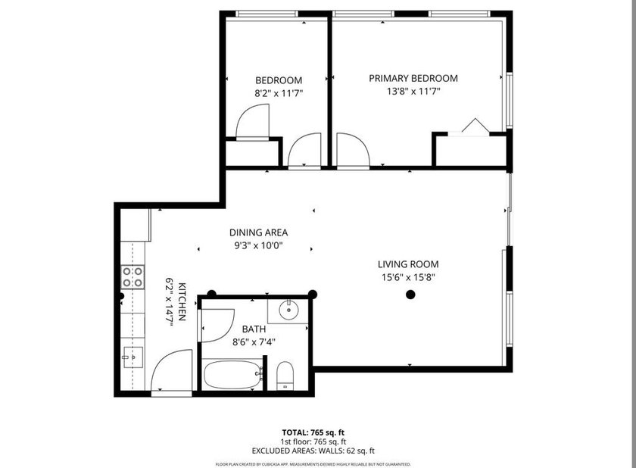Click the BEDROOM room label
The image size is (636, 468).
(278, 80)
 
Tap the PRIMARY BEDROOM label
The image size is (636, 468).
(413, 78)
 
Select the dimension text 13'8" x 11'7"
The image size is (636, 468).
(413, 91)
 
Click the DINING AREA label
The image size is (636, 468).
(258, 232)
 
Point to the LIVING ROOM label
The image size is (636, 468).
(408, 264)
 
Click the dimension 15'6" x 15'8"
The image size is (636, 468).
(408, 277)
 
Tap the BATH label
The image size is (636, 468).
(254, 329)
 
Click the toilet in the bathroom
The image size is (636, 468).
(285, 376)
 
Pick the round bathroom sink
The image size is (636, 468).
(288, 309)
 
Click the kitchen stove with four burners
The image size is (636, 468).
(134, 277)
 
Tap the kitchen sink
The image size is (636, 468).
(133, 354)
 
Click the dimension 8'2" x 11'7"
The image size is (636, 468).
(278, 93)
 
